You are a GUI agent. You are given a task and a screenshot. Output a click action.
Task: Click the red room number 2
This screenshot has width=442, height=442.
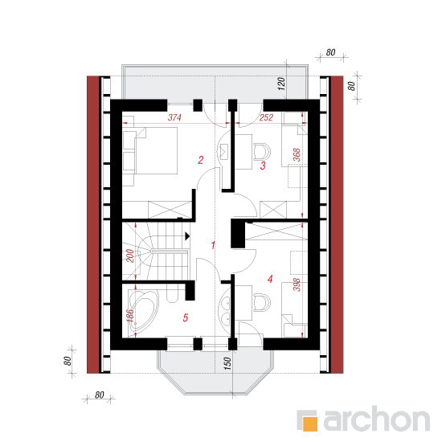(200, 160)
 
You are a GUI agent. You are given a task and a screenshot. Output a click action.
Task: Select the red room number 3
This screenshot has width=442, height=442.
(263, 166)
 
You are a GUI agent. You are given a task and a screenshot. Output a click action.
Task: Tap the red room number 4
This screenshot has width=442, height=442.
(270, 279)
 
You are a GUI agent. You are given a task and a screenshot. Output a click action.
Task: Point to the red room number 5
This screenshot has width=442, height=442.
(185, 317)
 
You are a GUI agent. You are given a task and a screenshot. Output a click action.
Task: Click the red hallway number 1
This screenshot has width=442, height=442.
(213, 245)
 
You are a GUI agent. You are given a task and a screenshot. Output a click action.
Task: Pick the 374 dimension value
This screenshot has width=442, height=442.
(174, 117)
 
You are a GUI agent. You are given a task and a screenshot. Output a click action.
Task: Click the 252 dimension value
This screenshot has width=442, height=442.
(266, 117)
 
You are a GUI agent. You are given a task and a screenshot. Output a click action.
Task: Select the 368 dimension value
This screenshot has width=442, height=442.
(297, 155)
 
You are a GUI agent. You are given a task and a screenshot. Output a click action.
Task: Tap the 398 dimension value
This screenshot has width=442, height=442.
(297, 285)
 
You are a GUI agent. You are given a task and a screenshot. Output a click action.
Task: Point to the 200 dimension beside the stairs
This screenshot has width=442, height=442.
(130, 256)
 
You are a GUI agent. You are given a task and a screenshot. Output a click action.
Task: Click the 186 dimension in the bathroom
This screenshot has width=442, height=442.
(130, 316)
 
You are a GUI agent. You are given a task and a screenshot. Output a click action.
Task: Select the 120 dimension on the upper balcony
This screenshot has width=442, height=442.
(281, 84)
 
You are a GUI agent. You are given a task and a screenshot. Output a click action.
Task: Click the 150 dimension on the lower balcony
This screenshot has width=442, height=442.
(227, 363)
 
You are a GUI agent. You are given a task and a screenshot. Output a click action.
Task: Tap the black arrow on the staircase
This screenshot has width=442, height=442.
(187, 236)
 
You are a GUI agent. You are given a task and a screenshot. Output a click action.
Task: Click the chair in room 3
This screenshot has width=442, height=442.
(262, 152)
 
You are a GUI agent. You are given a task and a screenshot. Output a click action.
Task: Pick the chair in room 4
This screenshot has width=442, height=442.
(262, 303)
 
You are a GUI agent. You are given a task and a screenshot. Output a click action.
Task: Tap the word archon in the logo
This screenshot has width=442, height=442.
(377, 419)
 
